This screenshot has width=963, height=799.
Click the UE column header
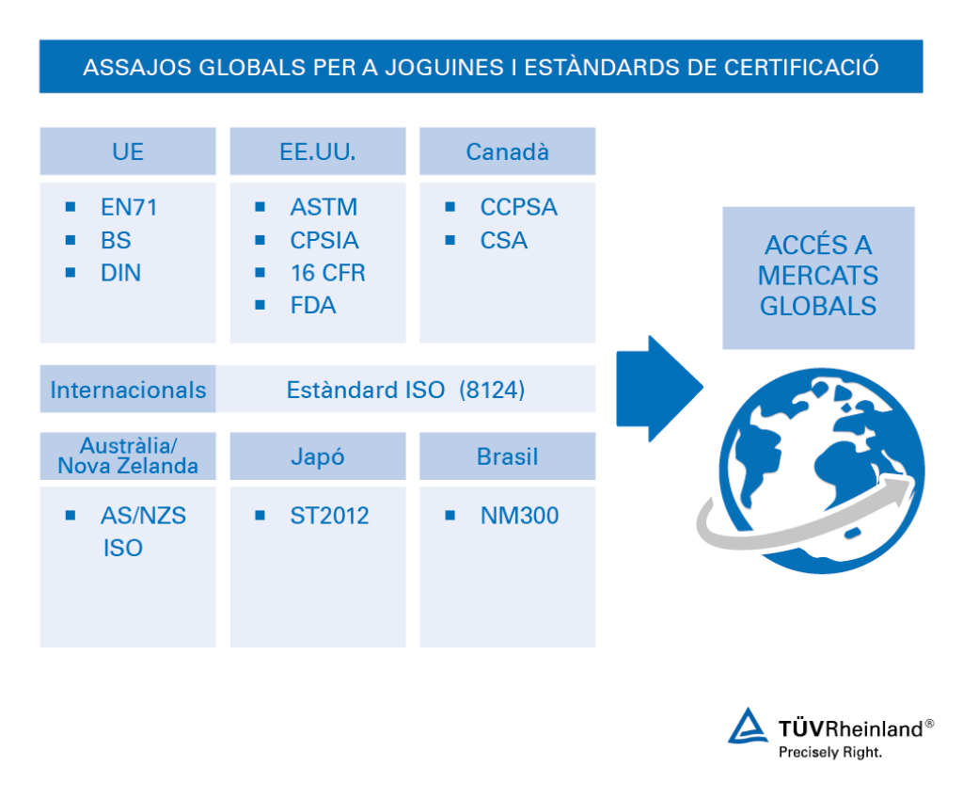[128, 152]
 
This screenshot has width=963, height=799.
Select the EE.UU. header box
[318, 152]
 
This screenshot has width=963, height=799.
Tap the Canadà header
[508, 152]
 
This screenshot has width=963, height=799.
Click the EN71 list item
[129, 207]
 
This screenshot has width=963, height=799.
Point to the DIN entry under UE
[120, 273]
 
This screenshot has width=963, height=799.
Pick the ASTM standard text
[324, 207]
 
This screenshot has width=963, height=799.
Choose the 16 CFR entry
[327, 273]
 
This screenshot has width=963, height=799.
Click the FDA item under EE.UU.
[313, 306]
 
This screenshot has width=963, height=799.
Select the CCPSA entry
[519, 207]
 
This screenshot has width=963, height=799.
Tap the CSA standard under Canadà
[504, 241]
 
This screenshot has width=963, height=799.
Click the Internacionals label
[128, 390]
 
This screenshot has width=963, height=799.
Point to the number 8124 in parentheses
[492, 390]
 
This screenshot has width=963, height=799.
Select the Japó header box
[318, 456]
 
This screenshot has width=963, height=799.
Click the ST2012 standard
[329, 516]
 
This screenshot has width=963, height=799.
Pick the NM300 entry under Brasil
[519, 516]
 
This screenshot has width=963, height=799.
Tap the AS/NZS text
[143, 516]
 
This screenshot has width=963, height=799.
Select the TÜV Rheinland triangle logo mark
[750, 727]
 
